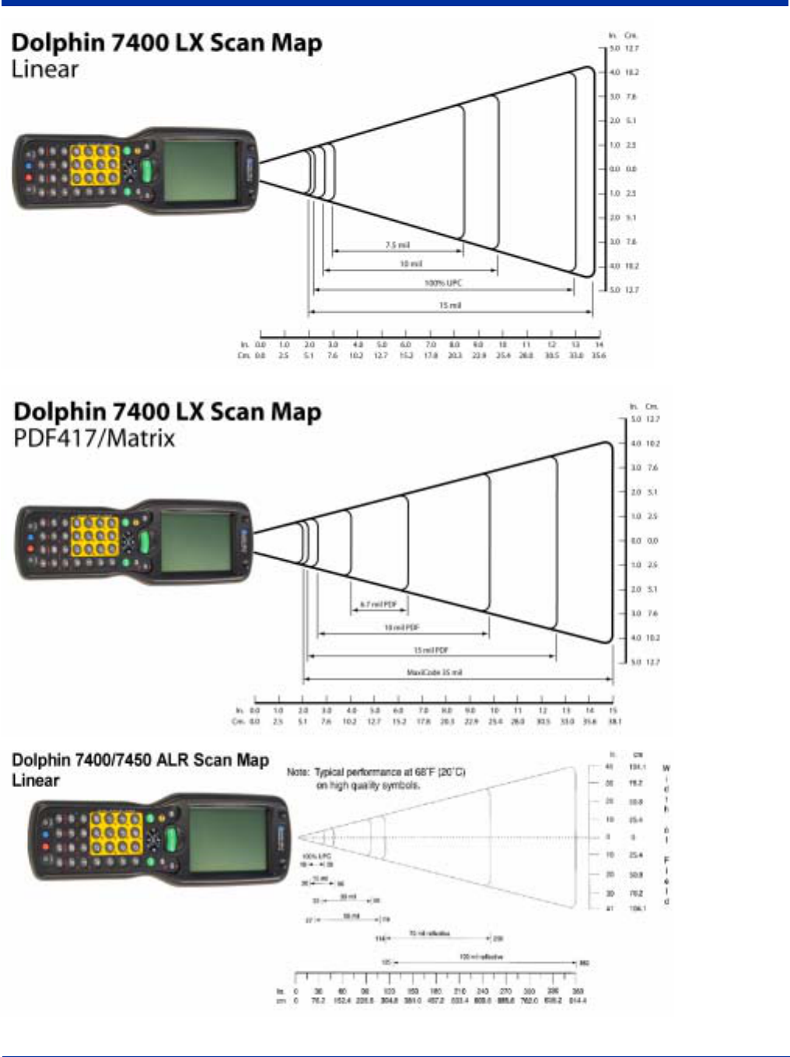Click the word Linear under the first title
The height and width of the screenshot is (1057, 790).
click(x=44, y=70)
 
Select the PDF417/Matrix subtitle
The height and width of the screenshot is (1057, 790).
click(x=94, y=439)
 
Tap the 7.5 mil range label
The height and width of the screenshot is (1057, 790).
click(x=397, y=245)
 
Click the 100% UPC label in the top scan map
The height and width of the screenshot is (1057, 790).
click(x=442, y=283)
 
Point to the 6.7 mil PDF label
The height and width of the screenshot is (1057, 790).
click(x=379, y=604)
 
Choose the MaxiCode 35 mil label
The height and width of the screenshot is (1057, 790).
click(x=435, y=672)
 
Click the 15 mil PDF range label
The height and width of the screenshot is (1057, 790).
click(x=431, y=650)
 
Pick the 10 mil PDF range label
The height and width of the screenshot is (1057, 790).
click(x=402, y=628)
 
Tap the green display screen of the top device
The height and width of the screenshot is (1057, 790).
click(x=200, y=170)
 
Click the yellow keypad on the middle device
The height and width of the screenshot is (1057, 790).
click(x=95, y=537)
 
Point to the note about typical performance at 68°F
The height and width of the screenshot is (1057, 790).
click(x=376, y=779)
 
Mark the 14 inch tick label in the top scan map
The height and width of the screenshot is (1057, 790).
click(x=599, y=344)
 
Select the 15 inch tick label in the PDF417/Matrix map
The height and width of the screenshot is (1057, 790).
click(x=613, y=710)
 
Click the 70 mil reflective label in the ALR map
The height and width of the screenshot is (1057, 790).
click(x=429, y=933)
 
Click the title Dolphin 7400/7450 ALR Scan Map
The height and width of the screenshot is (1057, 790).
click(x=140, y=760)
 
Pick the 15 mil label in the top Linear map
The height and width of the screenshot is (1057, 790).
click(x=449, y=306)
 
